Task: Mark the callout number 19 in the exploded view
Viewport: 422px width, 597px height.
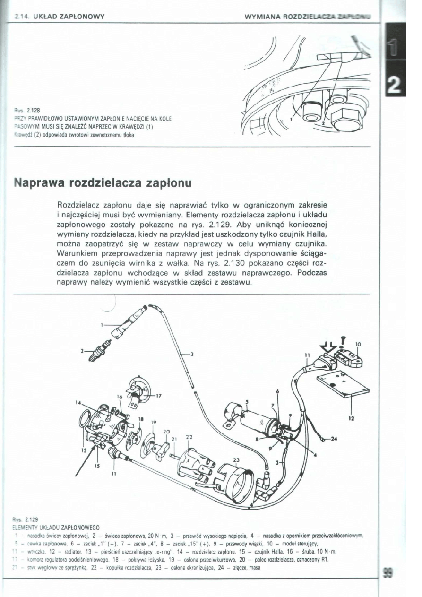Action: (x=154, y=422)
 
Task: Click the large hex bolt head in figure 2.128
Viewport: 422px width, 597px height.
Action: (x=346, y=116)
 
